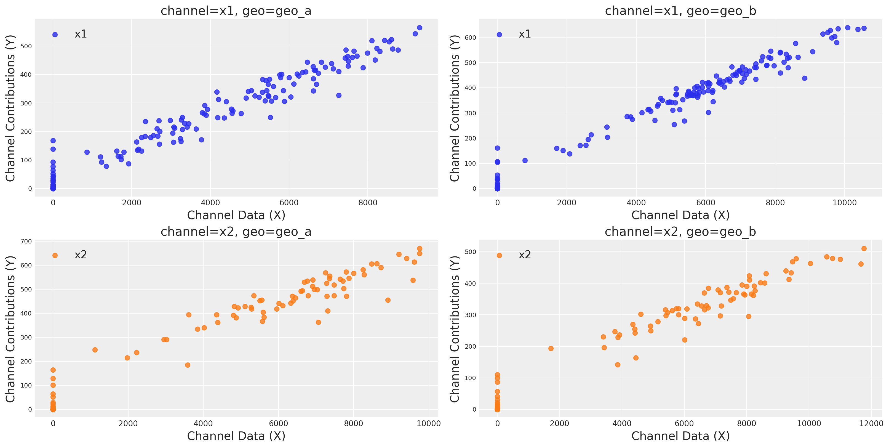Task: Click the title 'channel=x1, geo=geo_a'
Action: pyautogui.click(x=236, y=11)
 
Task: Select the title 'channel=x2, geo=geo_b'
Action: pyautogui.click(x=680, y=232)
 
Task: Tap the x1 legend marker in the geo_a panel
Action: pyautogui.click(x=55, y=35)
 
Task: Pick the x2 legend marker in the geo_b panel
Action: pyautogui.click(x=499, y=256)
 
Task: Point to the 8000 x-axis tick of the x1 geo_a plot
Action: pyautogui.click(x=367, y=203)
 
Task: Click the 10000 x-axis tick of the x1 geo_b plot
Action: pyautogui.click(x=845, y=203)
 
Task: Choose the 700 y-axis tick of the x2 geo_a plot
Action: pyautogui.click(x=26, y=242)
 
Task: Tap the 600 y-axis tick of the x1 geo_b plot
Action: pyautogui.click(x=470, y=38)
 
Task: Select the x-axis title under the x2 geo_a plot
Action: pyautogui.click(x=236, y=436)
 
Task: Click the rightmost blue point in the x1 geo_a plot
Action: pyautogui.click(x=420, y=28)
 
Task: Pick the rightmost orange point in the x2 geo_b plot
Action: pyautogui.click(x=864, y=249)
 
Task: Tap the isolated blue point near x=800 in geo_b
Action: pyautogui.click(x=525, y=161)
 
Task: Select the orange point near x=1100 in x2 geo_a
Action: pyautogui.click(x=95, y=350)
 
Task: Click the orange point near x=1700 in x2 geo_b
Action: pyautogui.click(x=551, y=349)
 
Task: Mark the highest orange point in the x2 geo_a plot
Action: pyautogui.click(x=420, y=249)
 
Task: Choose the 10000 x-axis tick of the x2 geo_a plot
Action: pyautogui.click(x=429, y=424)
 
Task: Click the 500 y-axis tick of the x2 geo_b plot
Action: pyautogui.click(x=470, y=252)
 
